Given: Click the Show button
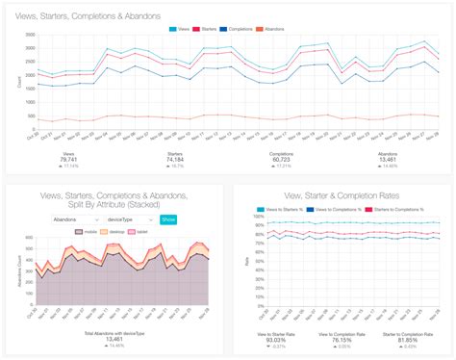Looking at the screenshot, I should pyautogui.click(x=168, y=219).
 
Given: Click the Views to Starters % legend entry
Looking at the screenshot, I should pyautogui.click(x=281, y=209).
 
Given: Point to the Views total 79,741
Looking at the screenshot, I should pyautogui.click(x=67, y=158).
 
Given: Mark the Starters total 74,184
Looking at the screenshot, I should pyautogui.click(x=178, y=158).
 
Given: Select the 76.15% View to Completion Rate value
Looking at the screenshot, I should pyautogui.click(x=339, y=341).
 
